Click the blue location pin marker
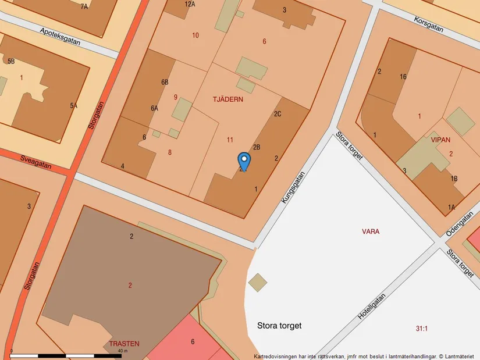244,159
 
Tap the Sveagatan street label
36,161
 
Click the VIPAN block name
440,140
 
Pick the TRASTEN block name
124,344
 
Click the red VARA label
371,231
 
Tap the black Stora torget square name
279,326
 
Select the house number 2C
278,114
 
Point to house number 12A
190,4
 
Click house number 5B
11,61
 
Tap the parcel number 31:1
422,329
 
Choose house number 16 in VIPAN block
403,77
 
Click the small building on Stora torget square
258,283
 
